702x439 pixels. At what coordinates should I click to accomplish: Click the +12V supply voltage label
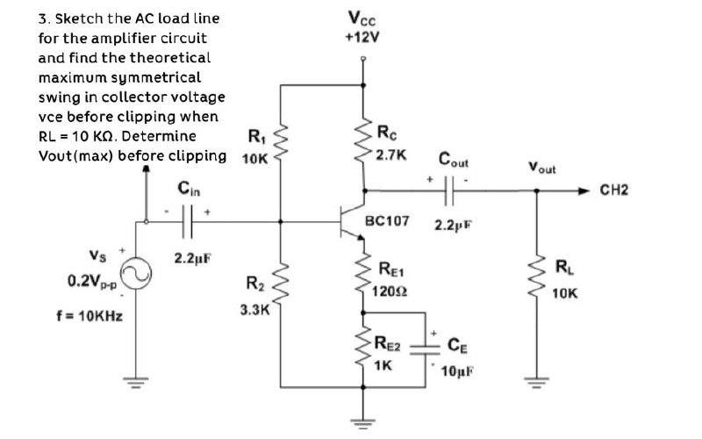363,37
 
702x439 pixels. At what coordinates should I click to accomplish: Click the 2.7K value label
390,155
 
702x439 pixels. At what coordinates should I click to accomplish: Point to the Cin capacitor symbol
186,223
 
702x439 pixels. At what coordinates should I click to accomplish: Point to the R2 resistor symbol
281,281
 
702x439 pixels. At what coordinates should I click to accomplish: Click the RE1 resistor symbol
362,272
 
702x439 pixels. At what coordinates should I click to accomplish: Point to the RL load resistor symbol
536,277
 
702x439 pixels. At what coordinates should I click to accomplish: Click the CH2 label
615,189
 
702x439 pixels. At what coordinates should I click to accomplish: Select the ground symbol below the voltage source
136,384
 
